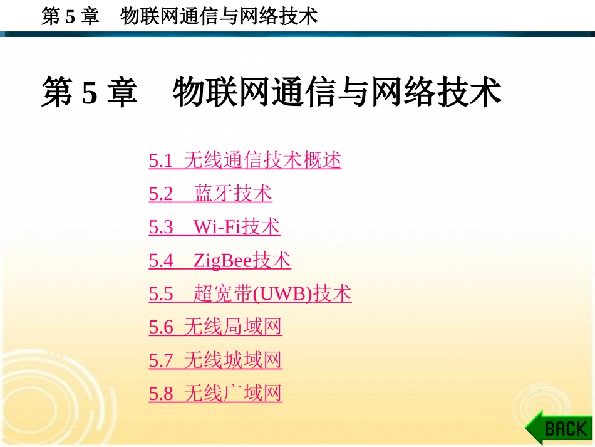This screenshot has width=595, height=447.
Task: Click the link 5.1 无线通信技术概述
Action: point(245,160)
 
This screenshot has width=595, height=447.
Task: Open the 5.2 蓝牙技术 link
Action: point(210,194)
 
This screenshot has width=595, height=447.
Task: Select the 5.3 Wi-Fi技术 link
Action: point(214,227)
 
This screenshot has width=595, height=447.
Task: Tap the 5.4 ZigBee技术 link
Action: point(220,260)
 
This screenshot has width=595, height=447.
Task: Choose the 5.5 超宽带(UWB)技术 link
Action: point(250,293)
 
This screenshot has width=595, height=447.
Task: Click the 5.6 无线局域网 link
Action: point(215,327)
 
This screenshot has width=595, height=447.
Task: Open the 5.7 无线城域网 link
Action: point(215,360)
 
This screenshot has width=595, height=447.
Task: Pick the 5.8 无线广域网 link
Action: point(215,394)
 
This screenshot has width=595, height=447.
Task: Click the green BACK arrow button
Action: point(559,428)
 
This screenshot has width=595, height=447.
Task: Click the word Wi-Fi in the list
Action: point(217,227)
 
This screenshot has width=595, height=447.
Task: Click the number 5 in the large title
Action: point(90,92)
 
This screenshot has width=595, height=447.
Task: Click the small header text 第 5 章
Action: point(70,16)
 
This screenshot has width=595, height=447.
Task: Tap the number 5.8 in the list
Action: point(161,394)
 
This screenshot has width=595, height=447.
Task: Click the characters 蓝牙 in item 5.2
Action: point(213,194)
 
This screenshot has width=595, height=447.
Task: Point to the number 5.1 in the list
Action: point(161,160)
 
